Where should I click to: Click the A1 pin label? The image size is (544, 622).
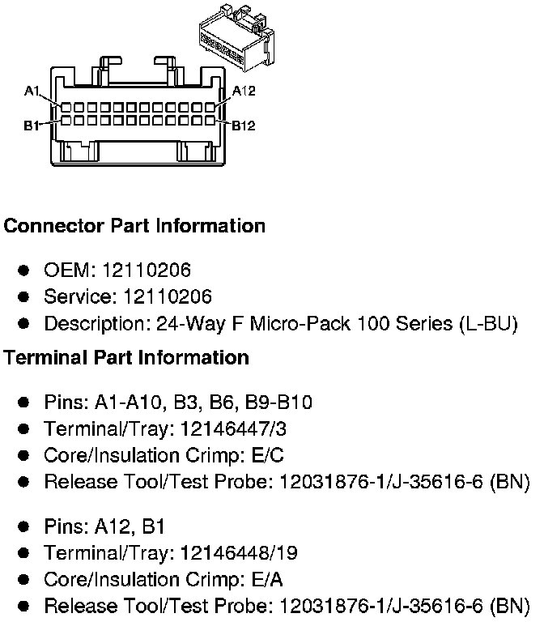(x=33, y=92)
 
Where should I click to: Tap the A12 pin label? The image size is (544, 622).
(x=244, y=92)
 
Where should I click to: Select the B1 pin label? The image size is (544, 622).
(x=33, y=126)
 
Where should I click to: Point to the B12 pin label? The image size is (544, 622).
(x=244, y=126)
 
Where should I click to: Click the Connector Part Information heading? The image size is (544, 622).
(x=134, y=226)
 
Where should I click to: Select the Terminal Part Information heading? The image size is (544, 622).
(x=126, y=357)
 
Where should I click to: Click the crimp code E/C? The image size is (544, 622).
(x=267, y=455)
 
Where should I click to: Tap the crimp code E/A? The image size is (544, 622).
(x=267, y=579)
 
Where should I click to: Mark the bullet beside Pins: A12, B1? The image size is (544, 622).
(x=24, y=527)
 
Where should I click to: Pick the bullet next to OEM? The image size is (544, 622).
(x=24, y=270)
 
